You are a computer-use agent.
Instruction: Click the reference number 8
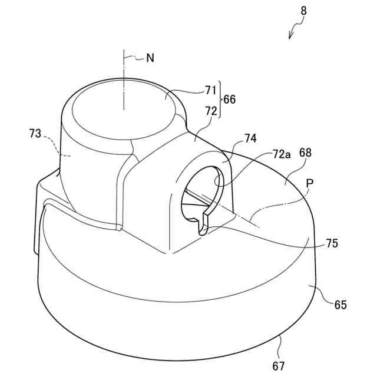click(x=303, y=11)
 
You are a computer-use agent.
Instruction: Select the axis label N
click(x=150, y=58)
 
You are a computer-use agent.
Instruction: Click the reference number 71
click(x=211, y=90)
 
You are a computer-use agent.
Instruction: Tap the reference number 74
click(x=250, y=139)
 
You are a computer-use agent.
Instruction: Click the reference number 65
click(x=340, y=305)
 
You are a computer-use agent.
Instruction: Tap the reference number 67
click(x=279, y=366)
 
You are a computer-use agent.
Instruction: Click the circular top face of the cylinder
click(x=124, y=106)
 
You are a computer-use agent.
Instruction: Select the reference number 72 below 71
click(x=211, y=111)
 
